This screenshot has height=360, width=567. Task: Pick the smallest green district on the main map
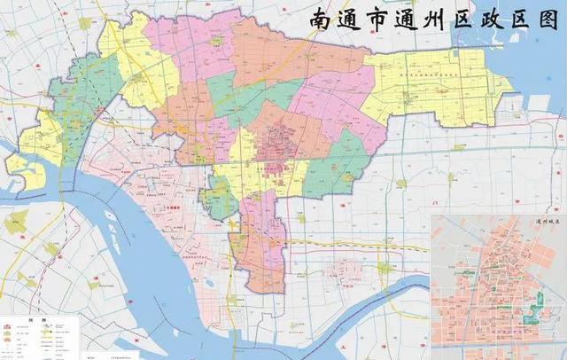220,201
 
